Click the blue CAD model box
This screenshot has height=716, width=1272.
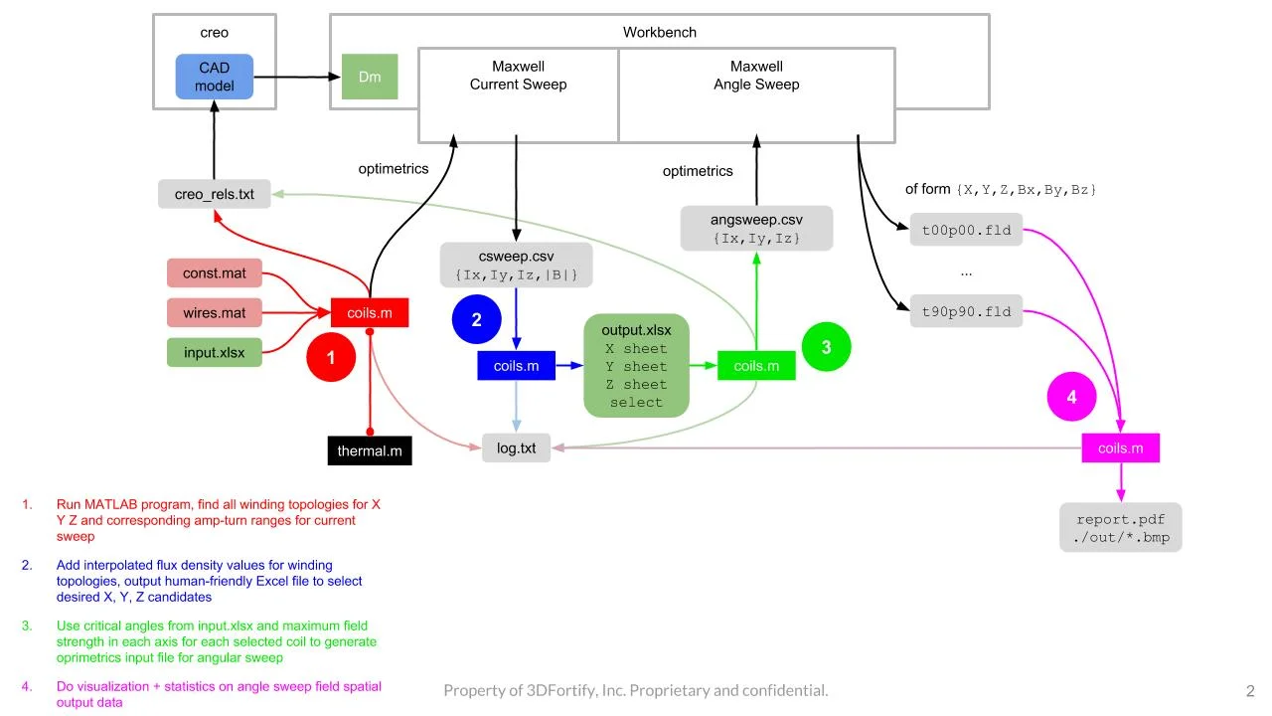pyautogui.click(x=215, y=77)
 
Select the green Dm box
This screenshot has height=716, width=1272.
pyautogui.click(x=370, y=77)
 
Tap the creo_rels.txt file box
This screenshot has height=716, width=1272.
pyautogui.click(x=214, y=194)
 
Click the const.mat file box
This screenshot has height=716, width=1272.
pyautogui.click(x=215, y=272)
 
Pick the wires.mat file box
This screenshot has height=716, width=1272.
pyautogui.click(x=215, y=313)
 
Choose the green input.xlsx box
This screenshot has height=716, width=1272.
pyautogui.click(x=215, y=353)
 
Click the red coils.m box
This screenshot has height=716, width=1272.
pyautogui.click(x=370, y=313)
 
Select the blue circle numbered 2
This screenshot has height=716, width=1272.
pyautogui.click(x=477, y=319)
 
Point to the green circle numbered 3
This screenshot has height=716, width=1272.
pyautogui.click(x=826, y=347)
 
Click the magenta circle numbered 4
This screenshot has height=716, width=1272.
pyautogui.click(x=1071, y=397)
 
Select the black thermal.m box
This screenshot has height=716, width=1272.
pyautogui.click(x=370, y=450)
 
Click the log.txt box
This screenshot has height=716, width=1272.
pyautogui.click(x=516, y=448)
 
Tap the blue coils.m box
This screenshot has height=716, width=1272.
pyautogui.click(x=516, y=366)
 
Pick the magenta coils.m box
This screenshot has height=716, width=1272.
pyautogui.click(x=1120, y=448)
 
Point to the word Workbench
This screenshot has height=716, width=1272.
pyautogui.click(x=659, y=32)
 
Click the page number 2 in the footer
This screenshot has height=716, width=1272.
pyautogui.click(x=1250, y=690)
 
